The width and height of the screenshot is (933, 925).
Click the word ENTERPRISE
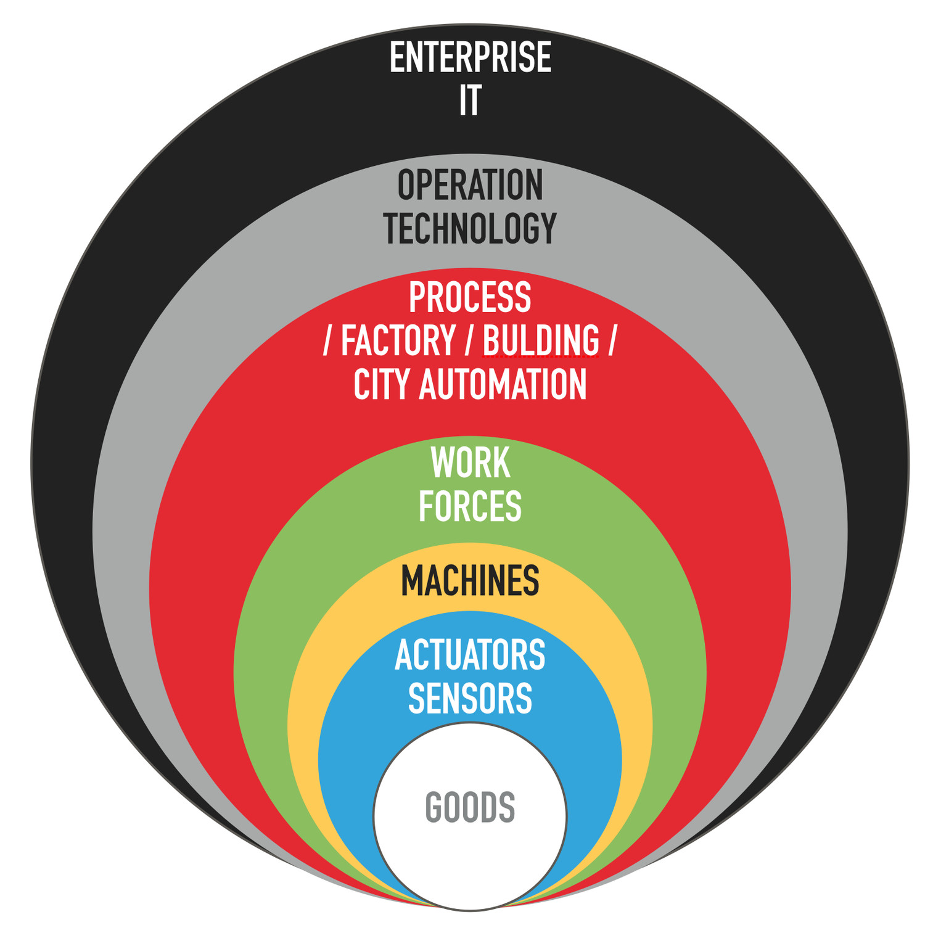(470, 58)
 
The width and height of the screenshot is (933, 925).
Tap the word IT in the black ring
(470, 101)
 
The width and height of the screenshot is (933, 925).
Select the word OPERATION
(470, 185)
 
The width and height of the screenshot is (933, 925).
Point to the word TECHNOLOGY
(470, 228)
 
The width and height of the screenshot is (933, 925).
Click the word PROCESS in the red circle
(470, 297)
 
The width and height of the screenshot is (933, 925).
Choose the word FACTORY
(398, 340)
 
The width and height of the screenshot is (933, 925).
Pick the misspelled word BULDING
(540, 340)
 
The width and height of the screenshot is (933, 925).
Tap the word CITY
(382, 384)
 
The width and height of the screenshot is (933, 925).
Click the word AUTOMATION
(503, 384)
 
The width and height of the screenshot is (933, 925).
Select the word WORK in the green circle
(470, 462)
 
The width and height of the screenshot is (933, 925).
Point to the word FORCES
(470, 506)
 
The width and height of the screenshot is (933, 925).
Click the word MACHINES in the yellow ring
(470, 580)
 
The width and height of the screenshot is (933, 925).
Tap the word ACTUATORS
(470, 655)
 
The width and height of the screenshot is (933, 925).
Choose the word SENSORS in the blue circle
(470, 698)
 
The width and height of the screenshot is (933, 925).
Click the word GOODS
(470, 807)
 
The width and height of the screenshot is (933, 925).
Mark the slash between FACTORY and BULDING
(469, 340)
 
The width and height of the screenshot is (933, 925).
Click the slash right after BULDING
(612, 340)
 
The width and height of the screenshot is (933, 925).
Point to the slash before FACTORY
(327, 340)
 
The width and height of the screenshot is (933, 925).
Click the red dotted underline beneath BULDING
(540, 356)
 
